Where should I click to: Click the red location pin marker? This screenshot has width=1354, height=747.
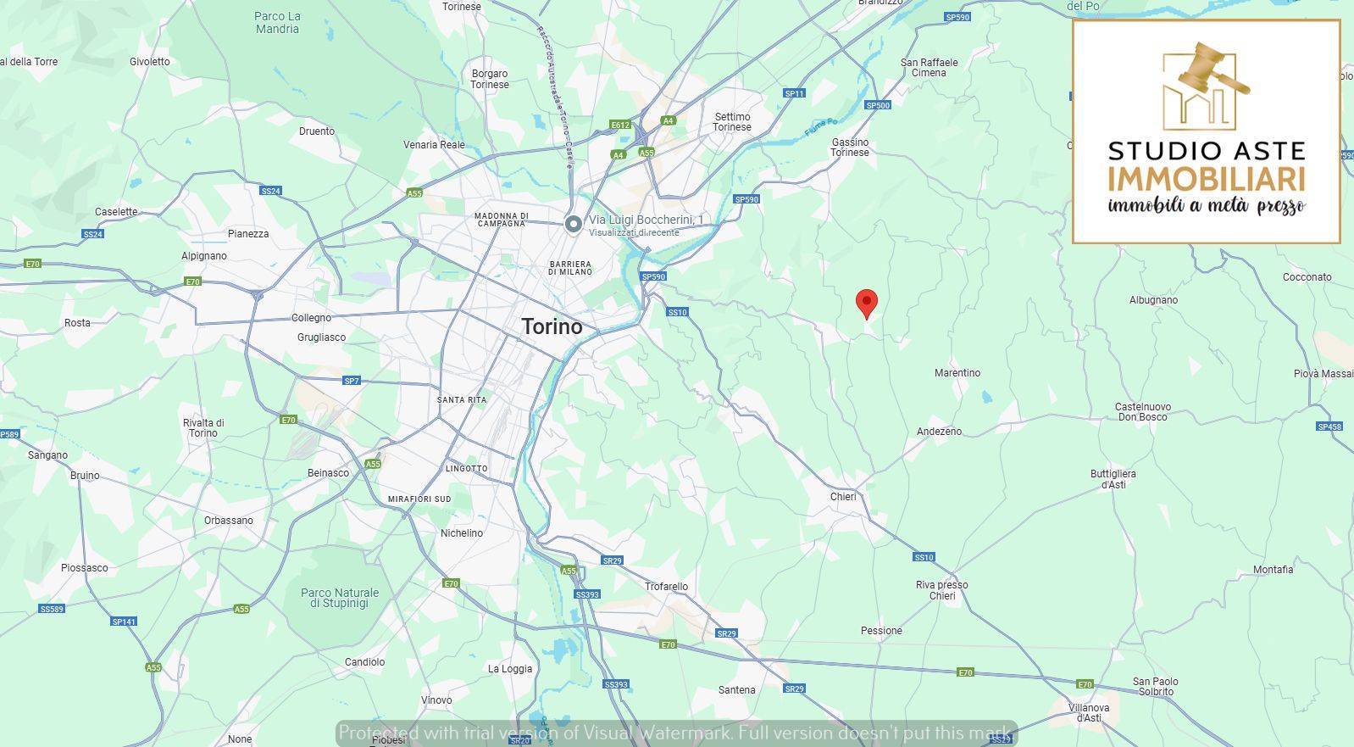coord(866,302)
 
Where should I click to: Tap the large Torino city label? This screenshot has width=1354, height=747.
coord(552,326)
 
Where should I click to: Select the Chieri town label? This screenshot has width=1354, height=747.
coord(843,497)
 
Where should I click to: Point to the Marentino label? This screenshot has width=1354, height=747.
coord(957,373)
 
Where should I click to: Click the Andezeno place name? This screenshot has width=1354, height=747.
coord(939,432)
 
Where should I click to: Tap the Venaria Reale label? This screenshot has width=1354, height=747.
coord(434,145)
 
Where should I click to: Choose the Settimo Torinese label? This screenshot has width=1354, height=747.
coord(732,122)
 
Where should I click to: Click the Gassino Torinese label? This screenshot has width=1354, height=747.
coord(850,148)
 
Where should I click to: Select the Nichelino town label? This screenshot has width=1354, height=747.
coord(461,533)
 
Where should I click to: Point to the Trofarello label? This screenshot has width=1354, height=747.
coord(666,587)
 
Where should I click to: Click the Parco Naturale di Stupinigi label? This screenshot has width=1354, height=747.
coord(339,598)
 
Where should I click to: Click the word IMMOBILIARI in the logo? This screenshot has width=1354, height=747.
coord(1206,179)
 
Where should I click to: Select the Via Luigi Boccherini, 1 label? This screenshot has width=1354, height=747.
coord(646,220)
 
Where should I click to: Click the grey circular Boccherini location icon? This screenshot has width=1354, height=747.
coord(574,224)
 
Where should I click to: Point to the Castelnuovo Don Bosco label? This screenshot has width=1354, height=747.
coord(1142,412)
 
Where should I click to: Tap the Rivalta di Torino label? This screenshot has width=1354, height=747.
coord(203,428)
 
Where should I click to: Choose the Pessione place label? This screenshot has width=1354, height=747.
coord(881,631)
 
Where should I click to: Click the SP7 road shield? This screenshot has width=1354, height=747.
coord(352,382)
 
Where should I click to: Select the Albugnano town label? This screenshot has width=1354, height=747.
coord(1153,300)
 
